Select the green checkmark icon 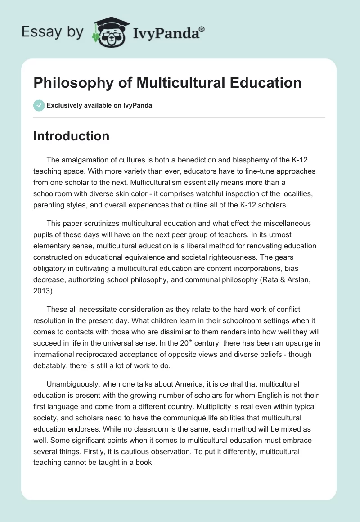pos(39,105)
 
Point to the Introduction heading pos(71,136)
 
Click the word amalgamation pos(83,161)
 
